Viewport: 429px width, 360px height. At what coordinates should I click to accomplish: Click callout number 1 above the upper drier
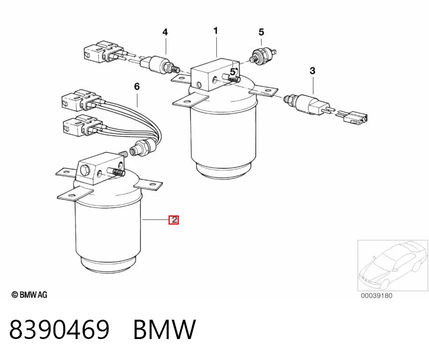coord(216,31)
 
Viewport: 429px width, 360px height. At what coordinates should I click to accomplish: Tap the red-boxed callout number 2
coord(174,220)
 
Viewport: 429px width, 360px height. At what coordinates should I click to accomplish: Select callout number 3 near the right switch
coord(312,71)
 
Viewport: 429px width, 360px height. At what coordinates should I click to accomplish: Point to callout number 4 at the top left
coord(165,32)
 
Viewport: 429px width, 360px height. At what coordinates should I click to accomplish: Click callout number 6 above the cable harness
coord(137,87)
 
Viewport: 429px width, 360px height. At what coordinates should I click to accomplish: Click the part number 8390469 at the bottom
coord(60,329)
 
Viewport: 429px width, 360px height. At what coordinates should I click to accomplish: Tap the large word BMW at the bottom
coord(165,329)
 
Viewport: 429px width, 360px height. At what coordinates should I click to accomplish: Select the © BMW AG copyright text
coord(30,295)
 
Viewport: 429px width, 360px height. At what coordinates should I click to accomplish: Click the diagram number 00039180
coord(376,296)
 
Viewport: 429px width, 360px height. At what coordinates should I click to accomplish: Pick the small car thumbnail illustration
coord(393,265)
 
